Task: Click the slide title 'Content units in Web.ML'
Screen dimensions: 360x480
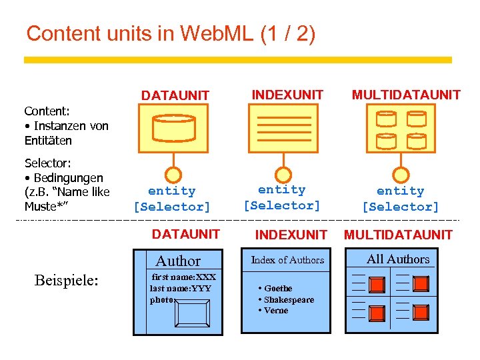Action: pyautogui.click(x=170, y=33)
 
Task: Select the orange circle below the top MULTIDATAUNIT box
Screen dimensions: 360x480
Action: pyautogui.click(x=401, y=175)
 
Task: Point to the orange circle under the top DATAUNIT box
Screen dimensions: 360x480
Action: pyautogui.click(x=173, y=175)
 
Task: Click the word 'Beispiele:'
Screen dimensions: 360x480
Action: pyautogui.click(x=66, y=281)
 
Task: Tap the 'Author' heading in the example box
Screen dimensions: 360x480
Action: pyautogui.click(x=178, y=261)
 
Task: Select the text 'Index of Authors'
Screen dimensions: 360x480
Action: pyautogui.click(x=287, y=260)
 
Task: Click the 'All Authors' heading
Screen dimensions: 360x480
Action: pyautogui.click(x=398, y=259)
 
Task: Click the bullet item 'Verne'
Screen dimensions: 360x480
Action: pyautogui.click(x=276, y=310)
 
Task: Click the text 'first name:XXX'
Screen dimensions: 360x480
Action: pyautogui.click(x=184, y=277)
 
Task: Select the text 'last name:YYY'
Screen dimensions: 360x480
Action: pyautogui.click(x=180, y=288)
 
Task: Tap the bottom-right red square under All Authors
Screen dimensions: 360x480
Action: pyautogui.click(x=421, y=312)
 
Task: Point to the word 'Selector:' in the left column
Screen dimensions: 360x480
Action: pyautogui.click(x=48, y=163)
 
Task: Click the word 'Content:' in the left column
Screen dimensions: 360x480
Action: pyautogui.click(x=47, y=111)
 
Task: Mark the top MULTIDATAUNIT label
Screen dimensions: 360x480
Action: pyautogui.click(x=406, y=95)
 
